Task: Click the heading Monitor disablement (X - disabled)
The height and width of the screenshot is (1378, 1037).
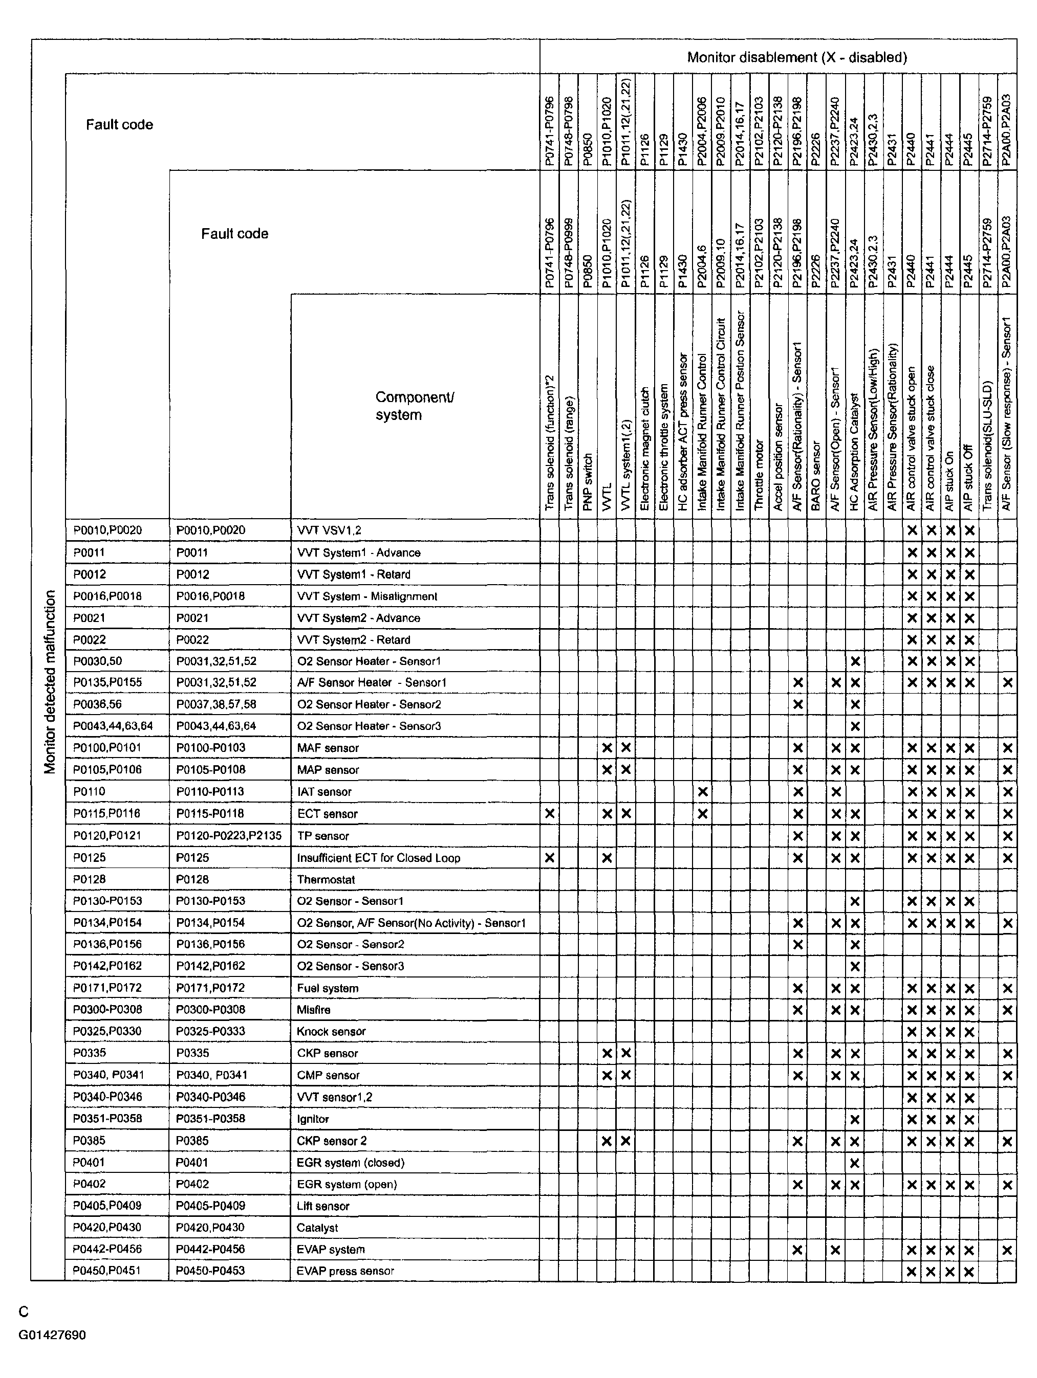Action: [796, 57]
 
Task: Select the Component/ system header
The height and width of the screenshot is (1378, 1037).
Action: [415, 406]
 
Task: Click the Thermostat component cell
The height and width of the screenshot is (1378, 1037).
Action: [326, 879]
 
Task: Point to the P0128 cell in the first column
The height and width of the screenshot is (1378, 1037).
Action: [89, 879]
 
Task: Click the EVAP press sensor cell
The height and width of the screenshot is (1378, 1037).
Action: [345, 1270]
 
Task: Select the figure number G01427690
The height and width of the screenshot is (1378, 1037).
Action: [52, 1335]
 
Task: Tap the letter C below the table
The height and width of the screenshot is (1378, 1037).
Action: [24, 1312]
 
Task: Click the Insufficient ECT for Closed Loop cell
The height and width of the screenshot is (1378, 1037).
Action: [378, 858]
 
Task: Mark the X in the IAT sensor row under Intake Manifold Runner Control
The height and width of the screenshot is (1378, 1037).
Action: [702, 792]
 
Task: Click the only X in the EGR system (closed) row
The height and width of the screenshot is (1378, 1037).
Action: [855, 1163]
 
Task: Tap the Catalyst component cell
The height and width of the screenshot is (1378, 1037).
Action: [317, 1227]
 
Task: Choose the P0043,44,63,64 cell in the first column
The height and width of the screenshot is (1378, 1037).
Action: [113, 726]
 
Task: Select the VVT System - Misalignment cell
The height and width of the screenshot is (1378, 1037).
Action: [367, 596]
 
